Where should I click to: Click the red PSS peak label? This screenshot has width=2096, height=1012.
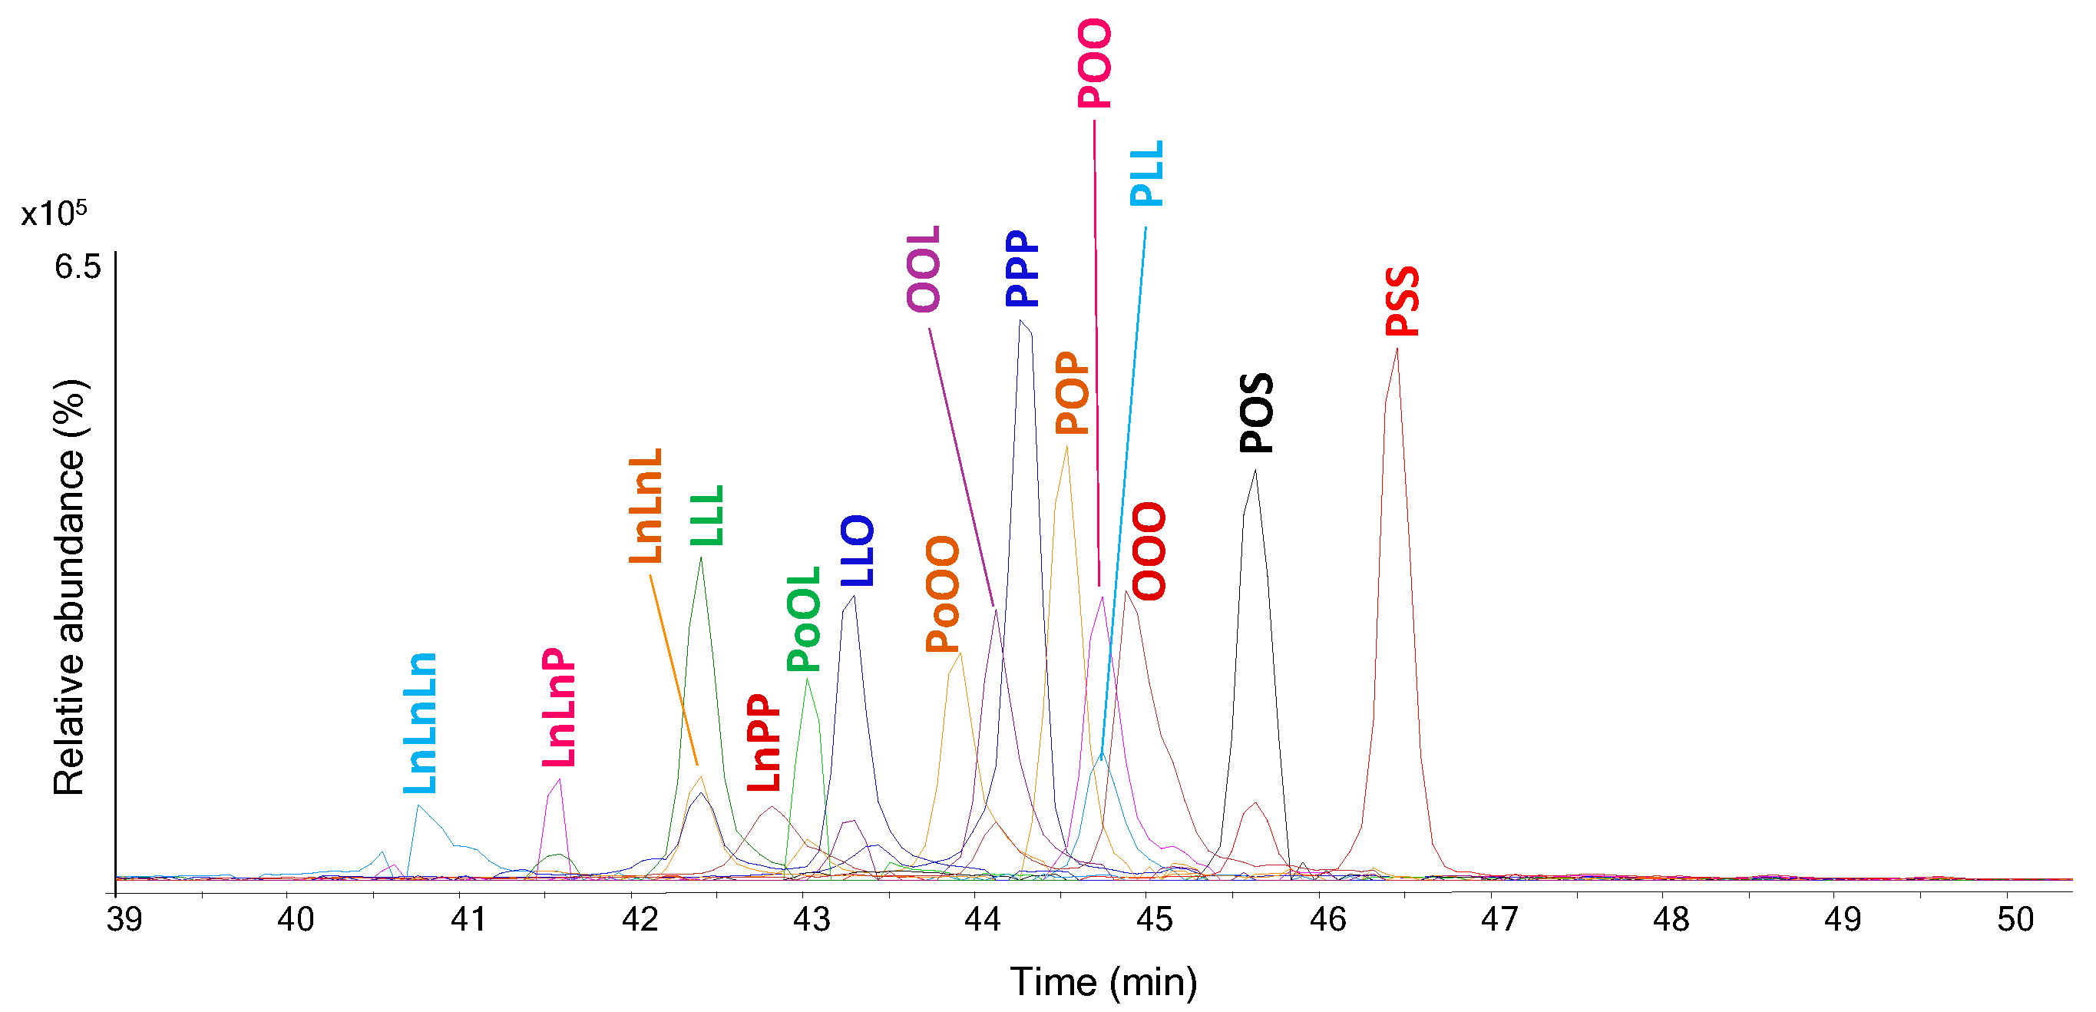coord(1402,300)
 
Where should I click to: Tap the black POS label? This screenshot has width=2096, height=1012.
coord(1256,412)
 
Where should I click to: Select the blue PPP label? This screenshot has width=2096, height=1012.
coord(1022,268)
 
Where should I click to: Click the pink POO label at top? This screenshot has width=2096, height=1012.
coord(1094,64)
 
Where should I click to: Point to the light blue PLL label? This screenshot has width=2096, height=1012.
coord(1147,174)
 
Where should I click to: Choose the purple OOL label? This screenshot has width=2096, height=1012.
coord(924,269)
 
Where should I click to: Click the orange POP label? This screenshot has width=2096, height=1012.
coord(1072,392)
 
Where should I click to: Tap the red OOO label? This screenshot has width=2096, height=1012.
coord(1149,551)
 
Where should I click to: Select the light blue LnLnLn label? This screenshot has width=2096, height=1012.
coord(421,723)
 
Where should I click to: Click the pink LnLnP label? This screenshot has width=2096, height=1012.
coord(559,707)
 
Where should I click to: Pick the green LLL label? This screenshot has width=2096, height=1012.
coord(706,515)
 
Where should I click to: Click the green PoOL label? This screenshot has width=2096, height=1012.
coord(804,618)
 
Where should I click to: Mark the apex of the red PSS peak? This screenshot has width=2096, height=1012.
coord(1397,350)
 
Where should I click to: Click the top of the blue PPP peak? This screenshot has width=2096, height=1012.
coord(1021,321)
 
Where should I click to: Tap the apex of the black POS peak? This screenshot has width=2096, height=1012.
coord(1255,471)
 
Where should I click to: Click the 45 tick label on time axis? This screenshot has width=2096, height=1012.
coord(1154,919)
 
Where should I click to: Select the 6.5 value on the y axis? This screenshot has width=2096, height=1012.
coord(78,267)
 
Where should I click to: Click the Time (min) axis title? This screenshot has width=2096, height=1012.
coord(1103,981)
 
